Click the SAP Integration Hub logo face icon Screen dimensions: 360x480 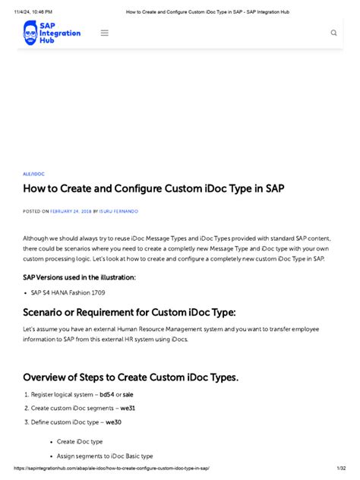tap(31, 33)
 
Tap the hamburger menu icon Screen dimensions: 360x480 tap(105, 33)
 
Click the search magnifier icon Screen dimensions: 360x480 tap(333, 33)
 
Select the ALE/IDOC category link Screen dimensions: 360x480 tap(34, 174)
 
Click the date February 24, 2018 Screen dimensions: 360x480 tap(71, 211)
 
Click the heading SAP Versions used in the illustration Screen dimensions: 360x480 tap(80, 277)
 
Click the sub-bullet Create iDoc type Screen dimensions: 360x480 tap(80, 441)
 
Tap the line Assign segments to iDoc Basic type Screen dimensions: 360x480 tap(105, 456)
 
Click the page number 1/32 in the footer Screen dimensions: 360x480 tap(342, 469)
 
